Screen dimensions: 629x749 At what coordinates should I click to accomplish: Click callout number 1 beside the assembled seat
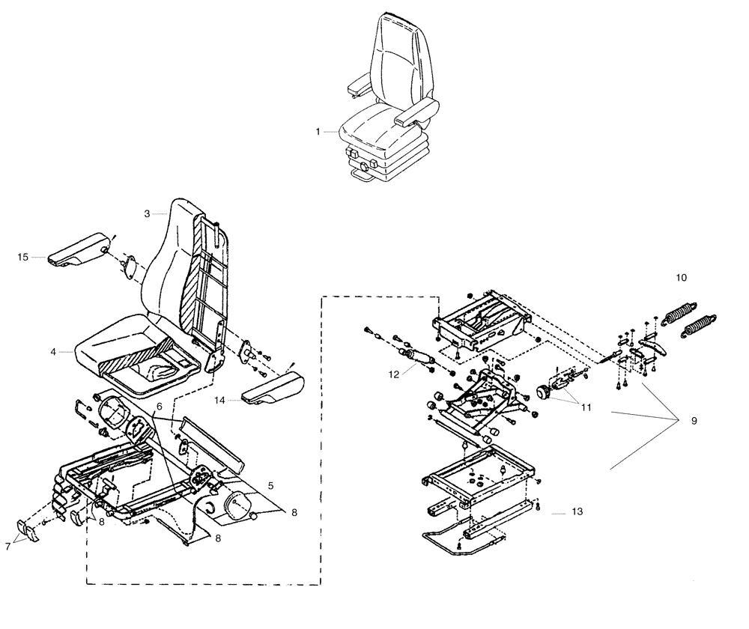click(318, 132)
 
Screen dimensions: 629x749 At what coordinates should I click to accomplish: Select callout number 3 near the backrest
click(148, 214)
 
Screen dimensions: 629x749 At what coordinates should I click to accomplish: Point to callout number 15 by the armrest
click(23, 258)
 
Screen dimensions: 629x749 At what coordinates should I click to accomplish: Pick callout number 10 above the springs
click(681, 277)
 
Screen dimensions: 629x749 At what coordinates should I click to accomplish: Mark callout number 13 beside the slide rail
click(575, 512)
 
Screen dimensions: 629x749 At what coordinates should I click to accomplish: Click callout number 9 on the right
click(694, 421)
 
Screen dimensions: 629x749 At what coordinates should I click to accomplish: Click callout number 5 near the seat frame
click(270, 484)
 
